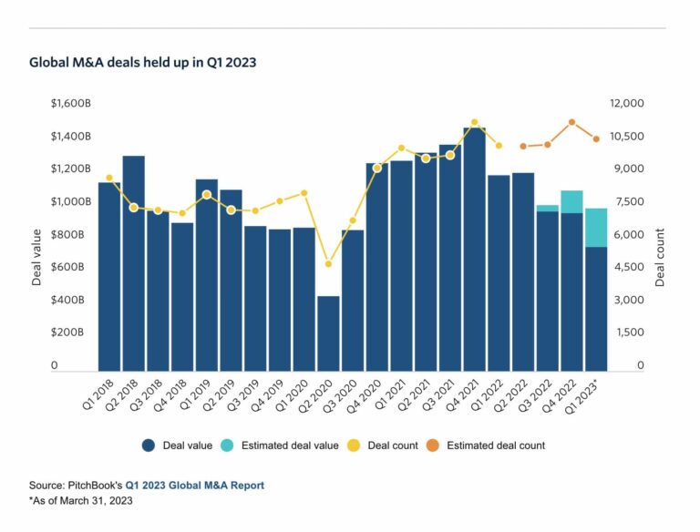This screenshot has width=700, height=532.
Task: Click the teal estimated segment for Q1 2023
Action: click(596, 227)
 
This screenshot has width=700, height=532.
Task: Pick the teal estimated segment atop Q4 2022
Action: click(571, 201)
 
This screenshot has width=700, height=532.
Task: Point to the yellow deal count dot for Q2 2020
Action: click(328, 264)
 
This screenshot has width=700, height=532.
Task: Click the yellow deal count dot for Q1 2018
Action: click(109, 178)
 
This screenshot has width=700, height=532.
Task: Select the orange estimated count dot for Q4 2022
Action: click(571, 122)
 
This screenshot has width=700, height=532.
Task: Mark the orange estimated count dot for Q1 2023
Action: click(596, 139)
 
